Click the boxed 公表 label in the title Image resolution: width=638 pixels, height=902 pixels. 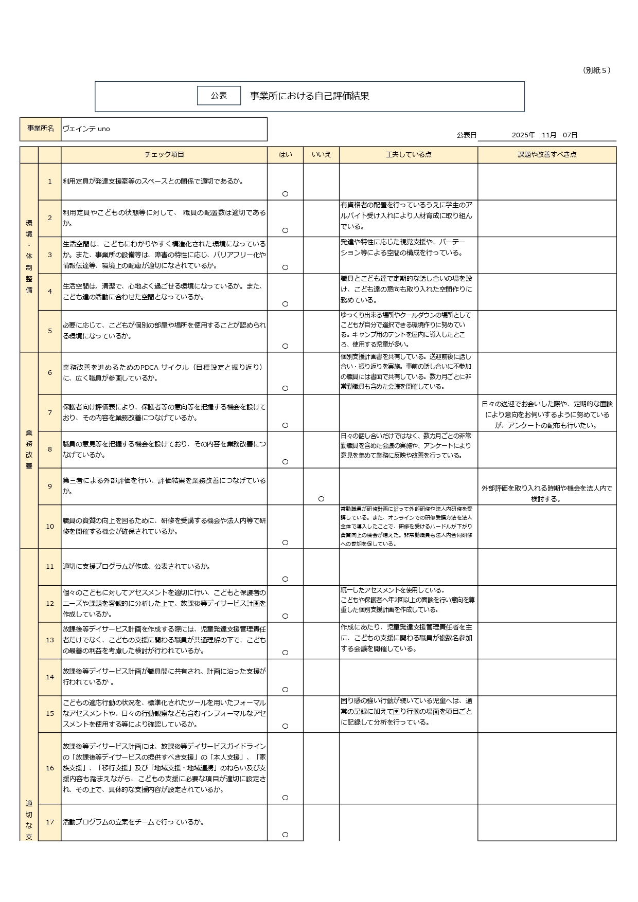(219, 96)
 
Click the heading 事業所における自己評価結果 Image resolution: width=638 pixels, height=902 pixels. (309, 96)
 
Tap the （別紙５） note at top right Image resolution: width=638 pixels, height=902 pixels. (596, 70)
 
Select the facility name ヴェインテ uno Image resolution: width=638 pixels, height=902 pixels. (86, 129)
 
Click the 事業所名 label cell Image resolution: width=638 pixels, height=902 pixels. (40, 129)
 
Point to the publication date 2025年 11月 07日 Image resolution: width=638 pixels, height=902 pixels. (544, 135)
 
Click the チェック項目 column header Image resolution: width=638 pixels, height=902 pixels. (164, 155)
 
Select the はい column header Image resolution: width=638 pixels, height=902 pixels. (285, 155)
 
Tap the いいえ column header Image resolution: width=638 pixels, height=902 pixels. (321, 155)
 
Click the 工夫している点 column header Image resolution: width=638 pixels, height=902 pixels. (409, 155)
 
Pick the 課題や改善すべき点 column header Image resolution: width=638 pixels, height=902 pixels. (546, 155)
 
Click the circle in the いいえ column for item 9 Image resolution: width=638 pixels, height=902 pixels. (321, 499)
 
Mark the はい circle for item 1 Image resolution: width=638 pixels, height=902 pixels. (285, 194)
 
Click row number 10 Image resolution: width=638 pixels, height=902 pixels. (50, 527)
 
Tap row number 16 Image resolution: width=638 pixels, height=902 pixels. (50, 768)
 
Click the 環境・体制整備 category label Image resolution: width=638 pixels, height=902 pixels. (29, 257)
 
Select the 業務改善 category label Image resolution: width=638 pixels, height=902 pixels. (29, 449)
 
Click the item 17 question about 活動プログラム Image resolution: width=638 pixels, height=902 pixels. (134, 822)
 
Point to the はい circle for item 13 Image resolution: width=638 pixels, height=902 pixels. (285, 653)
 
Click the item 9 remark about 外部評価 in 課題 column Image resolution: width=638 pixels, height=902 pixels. (546, 494)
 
